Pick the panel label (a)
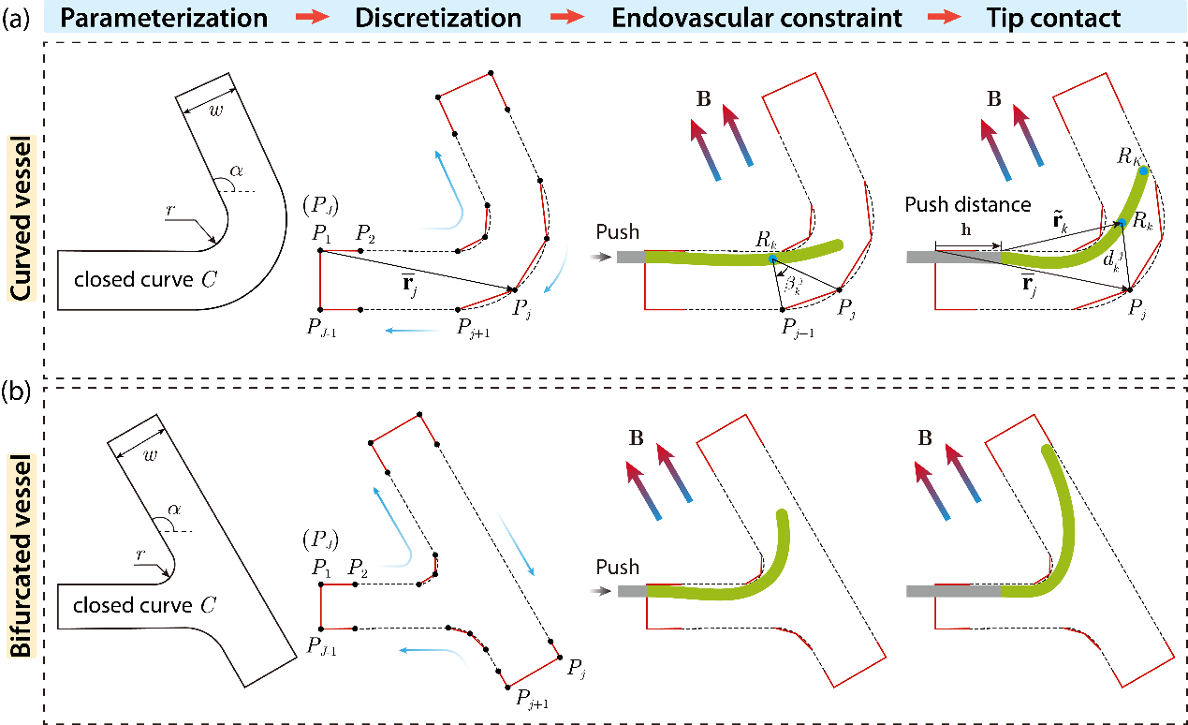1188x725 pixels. tap(17, 19)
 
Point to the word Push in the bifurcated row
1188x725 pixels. tap(618, 567)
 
